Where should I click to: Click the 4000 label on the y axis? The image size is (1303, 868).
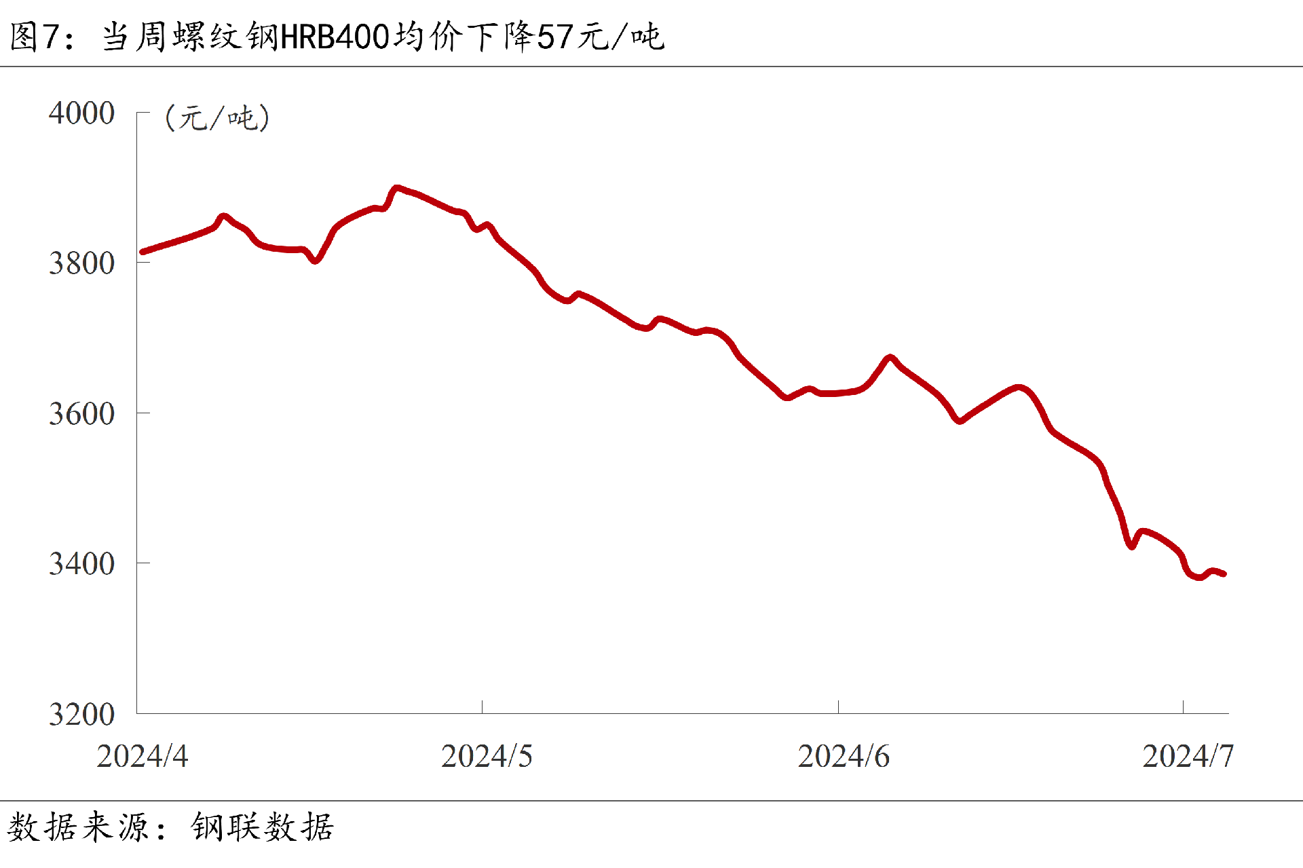click(x=81, y=113)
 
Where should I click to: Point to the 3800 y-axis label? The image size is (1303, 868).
click(x=81, y=263)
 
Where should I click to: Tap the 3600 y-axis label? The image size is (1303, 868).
click(x=81, y=413)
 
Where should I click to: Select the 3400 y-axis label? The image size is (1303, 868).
click(x=81, y=563)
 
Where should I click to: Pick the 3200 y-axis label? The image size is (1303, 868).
click(x=81, y=714)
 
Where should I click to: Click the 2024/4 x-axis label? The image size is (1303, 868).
click(x=142, y=756)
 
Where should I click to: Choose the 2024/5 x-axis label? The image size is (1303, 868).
click(x=487, y=756)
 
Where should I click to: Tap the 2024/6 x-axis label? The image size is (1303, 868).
click(x=844, y=756)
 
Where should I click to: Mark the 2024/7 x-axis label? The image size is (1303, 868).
click(x=1188, y=756)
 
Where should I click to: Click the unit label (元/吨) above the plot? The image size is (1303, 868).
click(x=217, y=118)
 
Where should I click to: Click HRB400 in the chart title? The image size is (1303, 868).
click(x=335, y=37)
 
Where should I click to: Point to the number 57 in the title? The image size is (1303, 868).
click(x=555, y=37)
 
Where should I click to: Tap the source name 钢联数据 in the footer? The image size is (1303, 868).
click(x=263, y=827)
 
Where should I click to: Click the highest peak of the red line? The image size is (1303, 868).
click(x=397, y=188)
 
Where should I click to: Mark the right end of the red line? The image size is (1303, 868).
click(x=1224, y=574)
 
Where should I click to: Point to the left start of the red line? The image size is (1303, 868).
click(x=142, y=252)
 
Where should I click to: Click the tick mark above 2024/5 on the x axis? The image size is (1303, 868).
click(x=482, y=707)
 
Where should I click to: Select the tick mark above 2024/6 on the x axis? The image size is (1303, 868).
click(x=838, y=707)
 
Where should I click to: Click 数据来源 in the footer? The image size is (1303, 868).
click(x=77, y=827)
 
